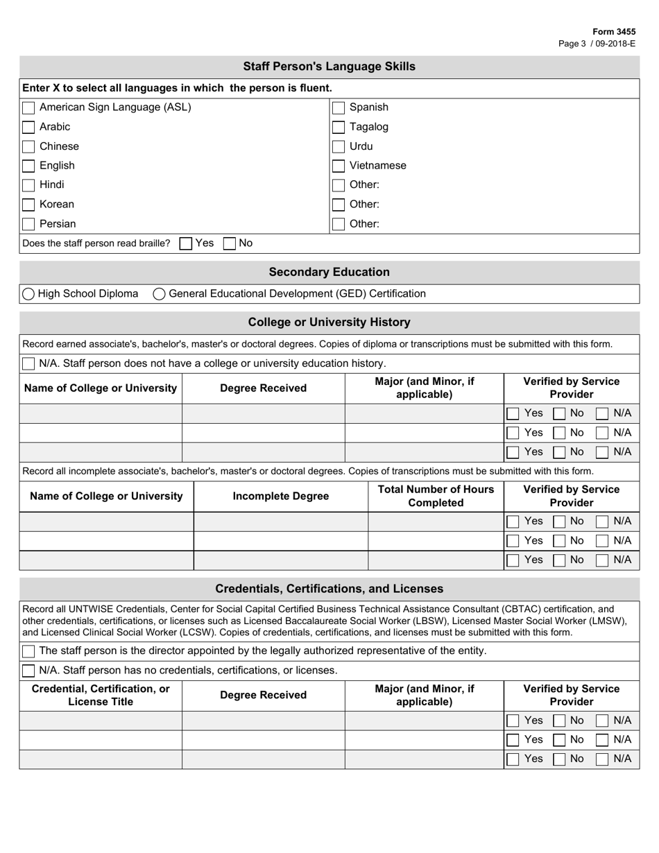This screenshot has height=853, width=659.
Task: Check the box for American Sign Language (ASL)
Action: click(28, 107)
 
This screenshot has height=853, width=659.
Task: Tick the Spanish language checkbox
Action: click(339, 107)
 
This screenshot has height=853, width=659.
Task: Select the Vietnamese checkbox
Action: click(339, 166)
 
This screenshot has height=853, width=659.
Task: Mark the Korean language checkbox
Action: click(28, 205)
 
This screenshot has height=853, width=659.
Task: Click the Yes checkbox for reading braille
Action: click(186, 243)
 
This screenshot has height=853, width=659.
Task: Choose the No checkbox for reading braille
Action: click(230, 243)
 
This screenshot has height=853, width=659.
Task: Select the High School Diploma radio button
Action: click(28, 294)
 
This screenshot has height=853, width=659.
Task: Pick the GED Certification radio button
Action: click(159, 294)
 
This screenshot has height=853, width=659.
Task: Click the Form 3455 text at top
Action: click(613, 32)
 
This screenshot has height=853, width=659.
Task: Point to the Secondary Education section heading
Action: click(329, 272)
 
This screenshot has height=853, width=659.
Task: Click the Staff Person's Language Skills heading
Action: click(329, 67)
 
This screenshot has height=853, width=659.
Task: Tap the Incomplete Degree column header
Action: click(280, 496)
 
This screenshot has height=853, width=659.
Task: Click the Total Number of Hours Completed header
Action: click(436, 496)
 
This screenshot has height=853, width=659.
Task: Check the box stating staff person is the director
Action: click(28, 651)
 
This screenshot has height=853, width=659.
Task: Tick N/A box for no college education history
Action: click(28, 363)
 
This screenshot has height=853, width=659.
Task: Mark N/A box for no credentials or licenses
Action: click(28, 671)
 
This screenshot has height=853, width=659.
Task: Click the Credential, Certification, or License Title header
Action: click(101, 695)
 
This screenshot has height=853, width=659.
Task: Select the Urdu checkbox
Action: click(339, 146)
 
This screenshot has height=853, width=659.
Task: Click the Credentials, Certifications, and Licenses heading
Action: click(329, 589)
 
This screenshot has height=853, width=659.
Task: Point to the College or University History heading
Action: click(329, 322)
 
